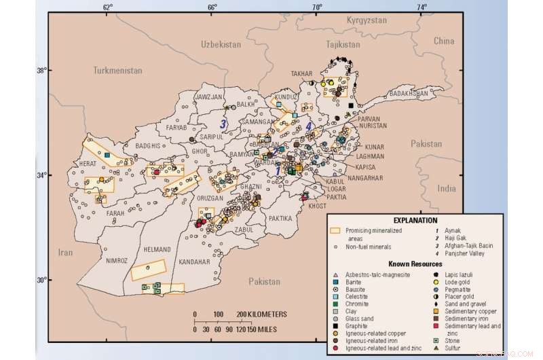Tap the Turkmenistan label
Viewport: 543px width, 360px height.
(x=119, y=70)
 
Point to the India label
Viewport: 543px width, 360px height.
(x=446, y=188)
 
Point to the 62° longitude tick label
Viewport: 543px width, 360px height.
(x=108, y=7)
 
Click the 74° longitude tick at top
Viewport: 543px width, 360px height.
(x=422, y=7)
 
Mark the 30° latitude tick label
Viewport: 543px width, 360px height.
(x=40, y=280)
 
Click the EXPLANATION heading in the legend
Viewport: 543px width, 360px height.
(x=415, y=221)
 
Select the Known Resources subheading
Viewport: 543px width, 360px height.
(x=415, y=264)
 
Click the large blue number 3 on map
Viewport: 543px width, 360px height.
(x=223, y=124)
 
